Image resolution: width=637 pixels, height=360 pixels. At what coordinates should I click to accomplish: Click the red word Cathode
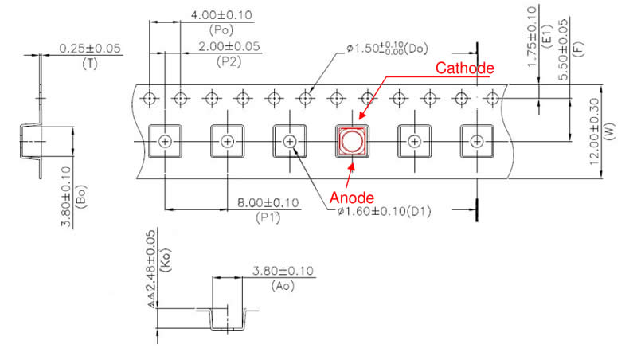click(x=465, y=68)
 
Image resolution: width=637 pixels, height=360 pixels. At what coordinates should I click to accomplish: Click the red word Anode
click(x=352, y=198)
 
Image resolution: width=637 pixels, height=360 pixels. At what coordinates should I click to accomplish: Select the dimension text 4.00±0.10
click(x=221, y=15)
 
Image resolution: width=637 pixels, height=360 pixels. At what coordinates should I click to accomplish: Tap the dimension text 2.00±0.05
click(x=229, y=46)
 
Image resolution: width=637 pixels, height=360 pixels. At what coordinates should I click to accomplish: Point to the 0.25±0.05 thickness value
click(x=90, y=49)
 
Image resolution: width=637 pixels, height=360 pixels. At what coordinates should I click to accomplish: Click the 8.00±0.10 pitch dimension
click(x=268, y=203)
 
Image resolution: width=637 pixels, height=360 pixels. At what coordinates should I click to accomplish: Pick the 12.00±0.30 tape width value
click(x=595, y=131)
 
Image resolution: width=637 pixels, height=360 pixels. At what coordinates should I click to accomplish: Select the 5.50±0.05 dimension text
click(x=563, y=50)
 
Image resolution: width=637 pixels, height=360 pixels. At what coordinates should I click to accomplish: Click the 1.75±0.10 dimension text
click(x=532, y=36)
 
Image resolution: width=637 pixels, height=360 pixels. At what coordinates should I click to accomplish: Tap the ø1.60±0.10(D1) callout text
click(x=385, y=211)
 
